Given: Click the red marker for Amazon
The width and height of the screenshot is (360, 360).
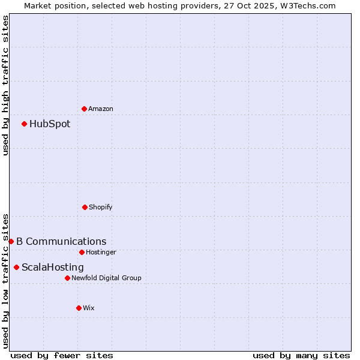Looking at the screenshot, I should (x=84, y=109).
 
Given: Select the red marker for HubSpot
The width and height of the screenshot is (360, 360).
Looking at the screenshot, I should (x=24, y=124).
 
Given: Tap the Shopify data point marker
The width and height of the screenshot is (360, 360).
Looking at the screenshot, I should (x=85, y=207).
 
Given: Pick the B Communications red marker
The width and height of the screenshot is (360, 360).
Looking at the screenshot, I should (x=11, y=241).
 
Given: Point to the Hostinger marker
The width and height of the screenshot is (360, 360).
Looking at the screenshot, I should (x=82, y=252).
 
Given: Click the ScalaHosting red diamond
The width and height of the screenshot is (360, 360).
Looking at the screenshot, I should (x=16, y=267).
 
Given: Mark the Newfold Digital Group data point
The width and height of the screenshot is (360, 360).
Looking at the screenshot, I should (x=67, y=278).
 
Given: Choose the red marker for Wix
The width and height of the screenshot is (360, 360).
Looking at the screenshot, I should (x=79, y=308).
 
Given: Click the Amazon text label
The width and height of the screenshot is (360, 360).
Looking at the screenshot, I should (x=101, y=109).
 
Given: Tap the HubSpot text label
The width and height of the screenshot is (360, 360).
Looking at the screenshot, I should (x=50, y=124).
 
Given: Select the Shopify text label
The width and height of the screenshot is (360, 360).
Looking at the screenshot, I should (x=101, y=207).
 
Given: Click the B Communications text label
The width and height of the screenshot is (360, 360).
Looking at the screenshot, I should (x=61, y=241).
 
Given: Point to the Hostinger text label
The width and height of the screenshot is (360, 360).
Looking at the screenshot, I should (x=101, y=252).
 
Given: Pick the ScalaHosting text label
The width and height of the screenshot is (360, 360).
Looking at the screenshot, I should (x=53, y=267).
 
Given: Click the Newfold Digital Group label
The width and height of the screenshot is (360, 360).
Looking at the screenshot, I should (x=106, y=278).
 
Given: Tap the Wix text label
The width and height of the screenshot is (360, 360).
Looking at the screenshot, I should (x=89, y=308).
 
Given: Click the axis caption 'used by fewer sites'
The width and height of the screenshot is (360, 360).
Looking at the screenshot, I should (x=62, y=355).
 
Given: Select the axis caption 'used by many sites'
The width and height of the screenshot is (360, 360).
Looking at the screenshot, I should (x=301, y=355).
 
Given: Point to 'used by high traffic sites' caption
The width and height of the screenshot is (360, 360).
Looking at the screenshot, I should (x=5, y=85).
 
